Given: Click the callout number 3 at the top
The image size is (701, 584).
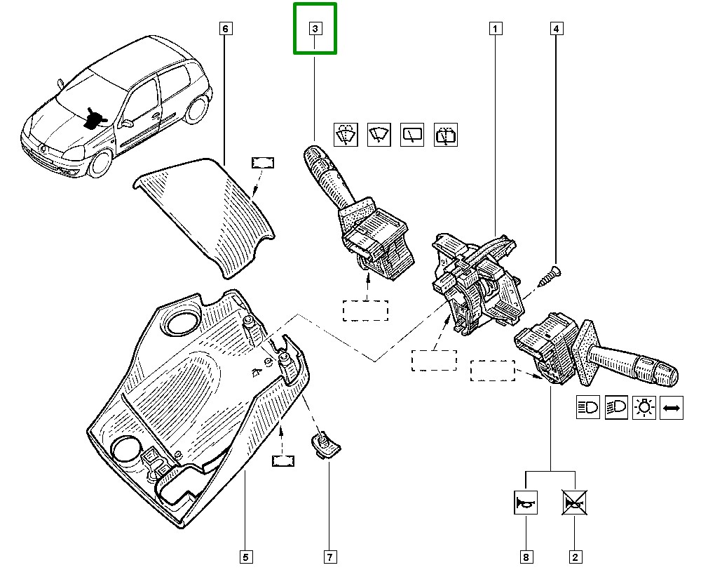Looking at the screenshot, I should [315, 29].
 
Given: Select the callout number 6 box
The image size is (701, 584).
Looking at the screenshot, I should [224, 29].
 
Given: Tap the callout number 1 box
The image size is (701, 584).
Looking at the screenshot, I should [495, 29].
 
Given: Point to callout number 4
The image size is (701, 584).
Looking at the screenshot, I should [555, 29].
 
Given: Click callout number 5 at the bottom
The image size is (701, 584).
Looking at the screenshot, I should [245, 557].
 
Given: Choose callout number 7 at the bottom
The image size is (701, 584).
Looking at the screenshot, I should [329, 557].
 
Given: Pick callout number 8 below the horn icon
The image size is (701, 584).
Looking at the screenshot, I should [526, 557].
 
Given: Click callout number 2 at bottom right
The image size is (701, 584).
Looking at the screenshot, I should [574, 557].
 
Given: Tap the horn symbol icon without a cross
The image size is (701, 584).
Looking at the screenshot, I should [526, 503].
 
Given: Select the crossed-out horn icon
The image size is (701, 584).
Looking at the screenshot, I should [574, 503].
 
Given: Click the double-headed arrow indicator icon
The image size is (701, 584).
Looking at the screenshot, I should [672, 408].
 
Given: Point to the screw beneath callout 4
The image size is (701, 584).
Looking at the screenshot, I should [550, 274].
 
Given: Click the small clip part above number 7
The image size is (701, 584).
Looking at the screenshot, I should [325, 445].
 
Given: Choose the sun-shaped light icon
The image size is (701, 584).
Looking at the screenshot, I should [644, 408].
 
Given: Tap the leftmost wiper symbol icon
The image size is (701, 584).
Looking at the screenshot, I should [344, 135].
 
